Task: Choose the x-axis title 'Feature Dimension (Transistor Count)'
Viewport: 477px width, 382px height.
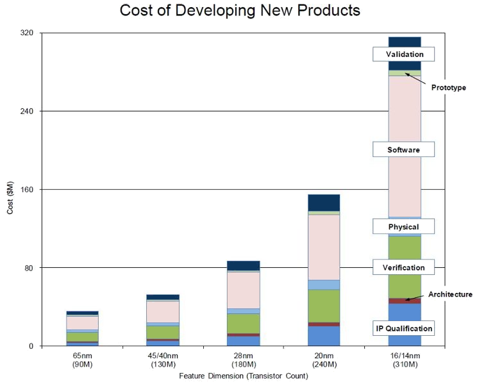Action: [x=244, y=376]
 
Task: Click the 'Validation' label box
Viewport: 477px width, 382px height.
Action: [x=404, y=54]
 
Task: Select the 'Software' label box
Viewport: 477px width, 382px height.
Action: [x=404, y=149]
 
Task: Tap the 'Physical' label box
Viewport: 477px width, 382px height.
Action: [x=404, y=226]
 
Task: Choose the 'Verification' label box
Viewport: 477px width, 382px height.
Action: [x=404, y=267]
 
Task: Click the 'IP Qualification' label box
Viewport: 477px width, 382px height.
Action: [x=404, y=328]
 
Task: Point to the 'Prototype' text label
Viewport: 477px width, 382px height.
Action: [x=448, y=87]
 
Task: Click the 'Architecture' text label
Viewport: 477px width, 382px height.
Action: [x=450, y=294]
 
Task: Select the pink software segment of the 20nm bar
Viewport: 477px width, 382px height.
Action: [x=324, y=247]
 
